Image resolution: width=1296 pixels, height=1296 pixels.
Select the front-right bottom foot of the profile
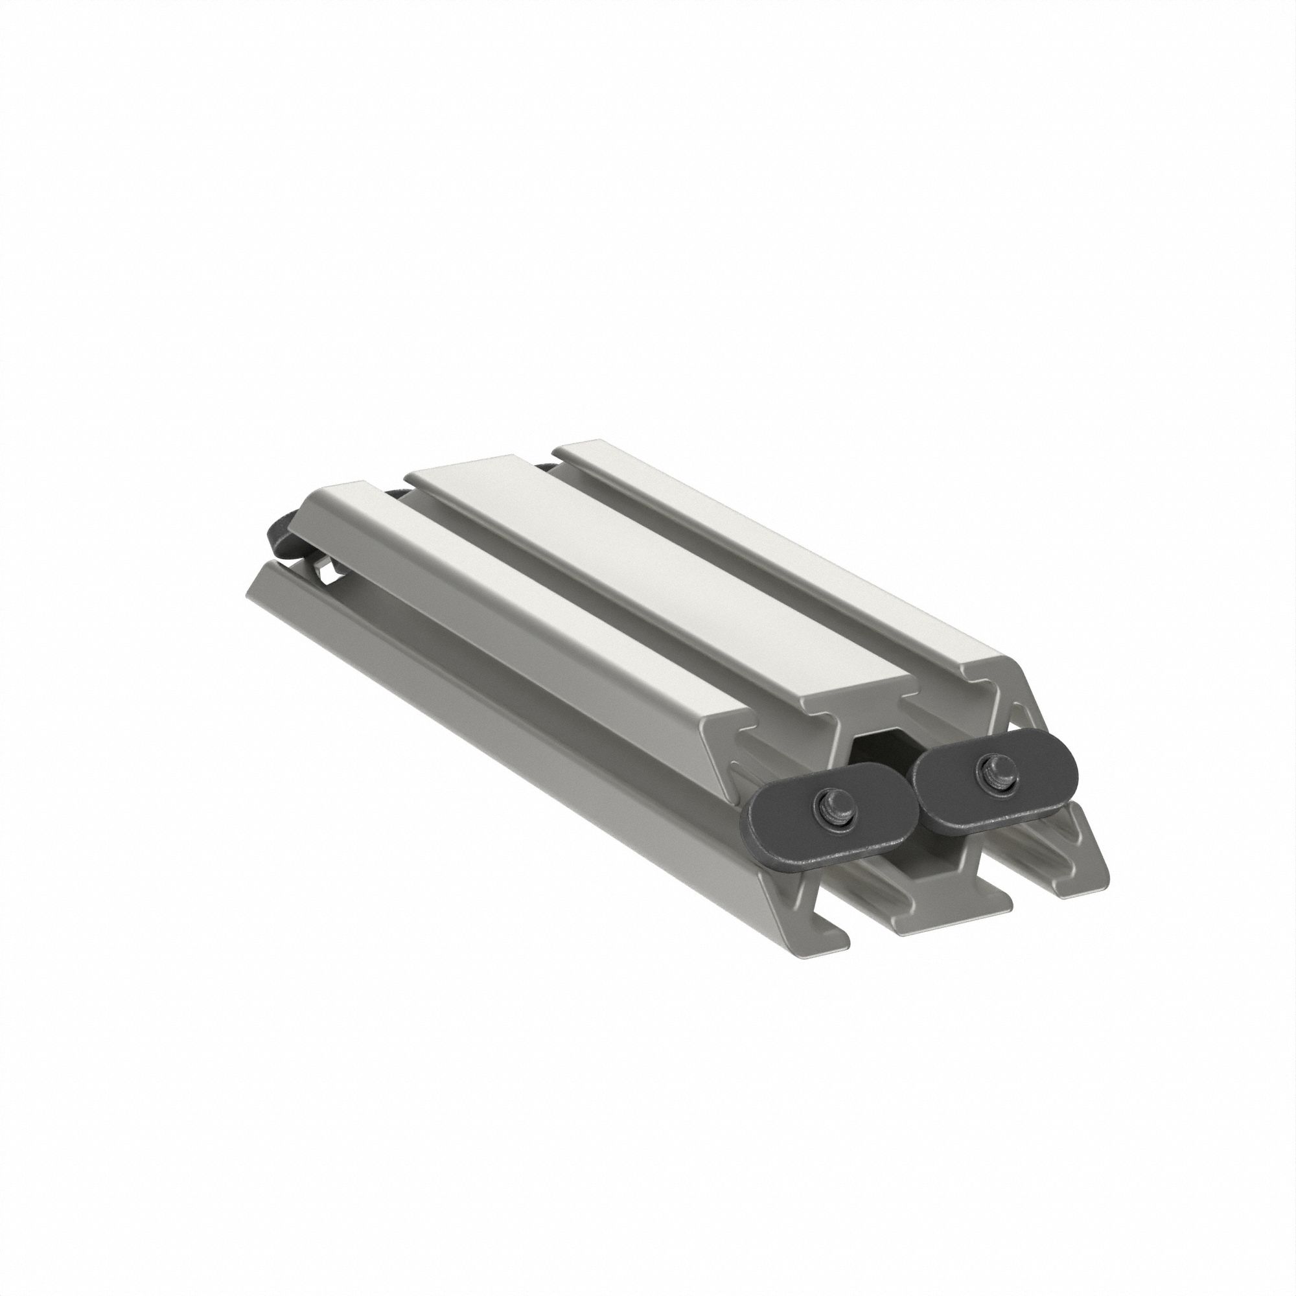[x=1080, y=879]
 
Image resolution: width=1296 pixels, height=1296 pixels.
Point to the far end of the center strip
[x=463, y=470]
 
